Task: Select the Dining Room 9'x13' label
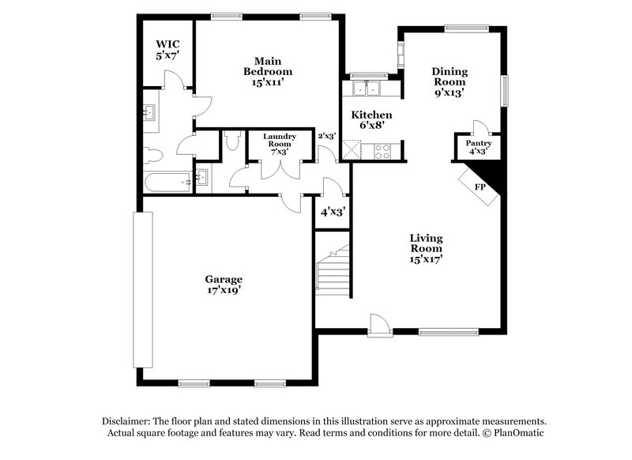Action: pos(448,81)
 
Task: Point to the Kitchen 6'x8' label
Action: pos(371,120)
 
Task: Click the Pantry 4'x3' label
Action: pos(477,147)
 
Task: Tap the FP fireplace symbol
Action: pos(480,187)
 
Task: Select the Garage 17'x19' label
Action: pos(224,285)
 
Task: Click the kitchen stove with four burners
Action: pos(382,150)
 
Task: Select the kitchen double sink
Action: pos(366,87)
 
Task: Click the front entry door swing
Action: pos(379,322)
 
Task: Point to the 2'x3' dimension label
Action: pos(327,136)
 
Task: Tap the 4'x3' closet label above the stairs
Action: pos(332,212)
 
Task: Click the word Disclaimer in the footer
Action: pos(128,421)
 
